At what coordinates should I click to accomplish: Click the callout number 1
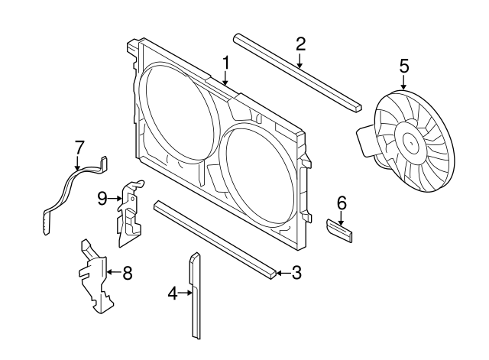[226, 61]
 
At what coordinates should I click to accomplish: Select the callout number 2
[300, 43]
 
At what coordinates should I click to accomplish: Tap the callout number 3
[297, 272]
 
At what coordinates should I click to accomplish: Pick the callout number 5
[403, 65]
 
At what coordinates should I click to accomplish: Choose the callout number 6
[342, 203]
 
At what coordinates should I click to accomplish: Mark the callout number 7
[78, 147]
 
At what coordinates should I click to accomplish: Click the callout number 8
[127, 271]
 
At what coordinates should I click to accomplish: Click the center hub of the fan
[413, 142]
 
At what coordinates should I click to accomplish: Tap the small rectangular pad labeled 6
[341, 230]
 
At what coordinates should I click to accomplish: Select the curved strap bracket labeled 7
[66, 191]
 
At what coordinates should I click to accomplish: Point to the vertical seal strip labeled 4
[196, 298]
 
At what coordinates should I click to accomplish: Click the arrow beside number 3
[283, 272]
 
